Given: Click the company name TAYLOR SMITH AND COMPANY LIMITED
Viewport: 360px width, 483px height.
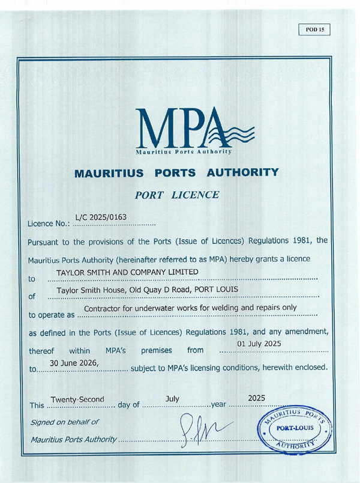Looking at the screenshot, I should (127, 273).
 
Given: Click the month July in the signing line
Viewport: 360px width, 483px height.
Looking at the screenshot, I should (172, 398).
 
